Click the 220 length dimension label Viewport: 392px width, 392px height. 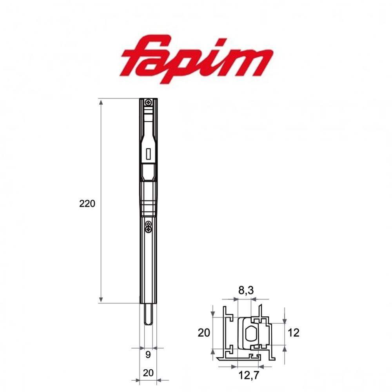coord(87,203)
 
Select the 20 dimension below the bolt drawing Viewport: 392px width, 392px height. coord(148,373)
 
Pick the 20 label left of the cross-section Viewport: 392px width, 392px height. coord(204,333)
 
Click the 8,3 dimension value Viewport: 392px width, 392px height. coord(246,290)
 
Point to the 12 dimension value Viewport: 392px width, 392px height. coord(293,333)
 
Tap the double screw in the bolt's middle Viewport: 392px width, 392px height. coord(148,226)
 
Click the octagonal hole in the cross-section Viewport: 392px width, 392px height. coord(251,334)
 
